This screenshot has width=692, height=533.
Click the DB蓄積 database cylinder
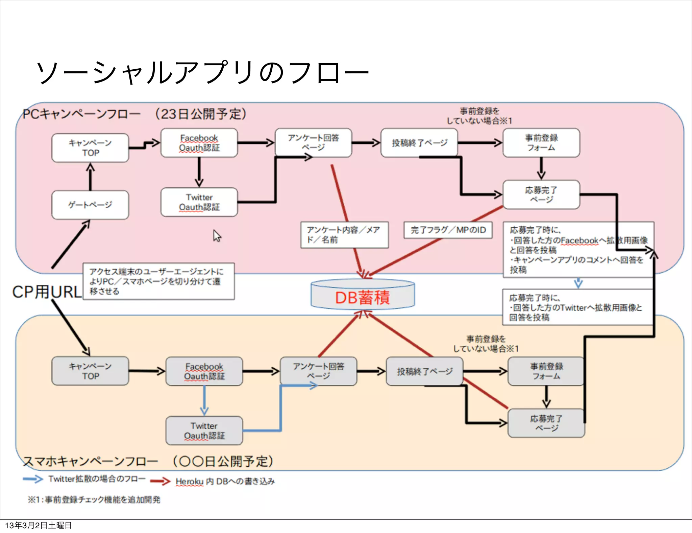point(363,295)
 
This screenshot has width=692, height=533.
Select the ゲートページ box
point(90,205)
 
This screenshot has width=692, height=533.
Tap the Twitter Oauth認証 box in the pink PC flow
point(199,202)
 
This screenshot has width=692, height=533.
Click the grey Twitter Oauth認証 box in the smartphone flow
point(204,431)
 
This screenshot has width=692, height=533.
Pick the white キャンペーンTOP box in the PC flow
point(90,148)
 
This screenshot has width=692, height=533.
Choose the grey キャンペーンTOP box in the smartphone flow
point(90,371)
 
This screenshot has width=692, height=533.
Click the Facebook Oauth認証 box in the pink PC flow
point(199,143)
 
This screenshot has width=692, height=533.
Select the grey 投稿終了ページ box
point(424,371)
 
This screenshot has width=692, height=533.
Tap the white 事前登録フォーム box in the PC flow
point(541,143)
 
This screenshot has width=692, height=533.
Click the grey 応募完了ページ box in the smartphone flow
point(546,423)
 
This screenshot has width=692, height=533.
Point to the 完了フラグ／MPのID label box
point(448,230)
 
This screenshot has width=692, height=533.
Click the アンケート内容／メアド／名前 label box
point(344,235)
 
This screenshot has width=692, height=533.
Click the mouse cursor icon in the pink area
point(217,236)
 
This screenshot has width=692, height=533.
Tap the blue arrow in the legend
point(33,479)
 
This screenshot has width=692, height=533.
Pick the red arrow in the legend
point(160,481)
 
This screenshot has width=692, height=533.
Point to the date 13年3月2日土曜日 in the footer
point(38,525)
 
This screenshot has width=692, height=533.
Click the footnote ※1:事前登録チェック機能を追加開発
point(94,500)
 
